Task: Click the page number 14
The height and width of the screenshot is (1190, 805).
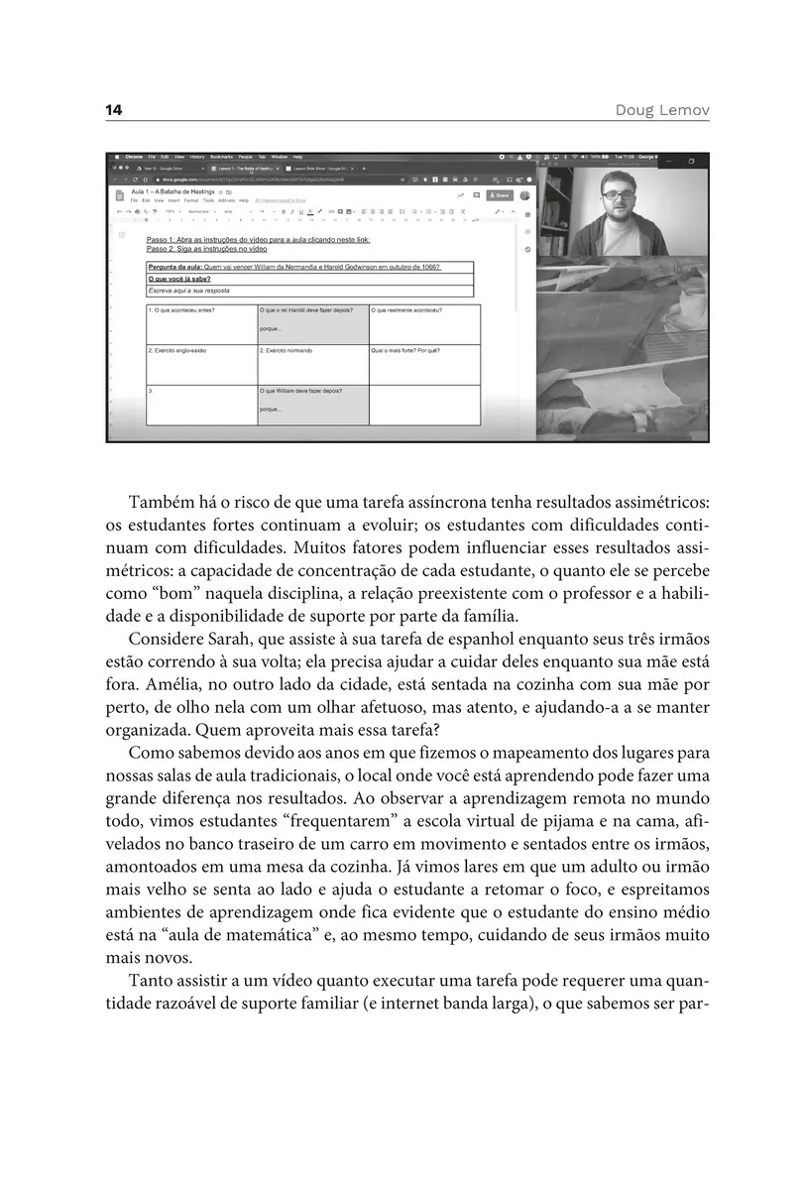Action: (x=113, y=109)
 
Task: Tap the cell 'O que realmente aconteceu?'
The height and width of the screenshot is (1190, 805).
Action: (x=406, y=311)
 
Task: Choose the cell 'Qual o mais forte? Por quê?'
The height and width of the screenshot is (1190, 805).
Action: (x=405, y=350)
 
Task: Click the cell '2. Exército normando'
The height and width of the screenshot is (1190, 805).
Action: (x=288, y=350)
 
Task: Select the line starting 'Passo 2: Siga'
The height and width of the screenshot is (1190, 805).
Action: (x=206, y=248)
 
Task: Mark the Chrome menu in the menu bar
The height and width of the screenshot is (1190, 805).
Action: (x=135, y=157)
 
